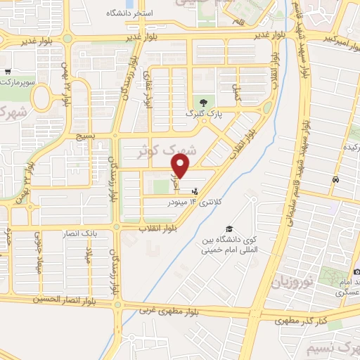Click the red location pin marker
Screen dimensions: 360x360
click(x=181, y=167)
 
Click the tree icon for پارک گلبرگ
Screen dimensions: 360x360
click(x=203, y=101)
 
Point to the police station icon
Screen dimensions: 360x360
click(x=195, y=190)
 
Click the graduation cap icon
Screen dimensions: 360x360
click(x=229, y=229)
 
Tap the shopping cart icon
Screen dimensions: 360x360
click(x=7, y=72)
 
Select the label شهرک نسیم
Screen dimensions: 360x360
click(x=334, y=347)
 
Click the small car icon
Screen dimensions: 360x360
click(x=335, y=179)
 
